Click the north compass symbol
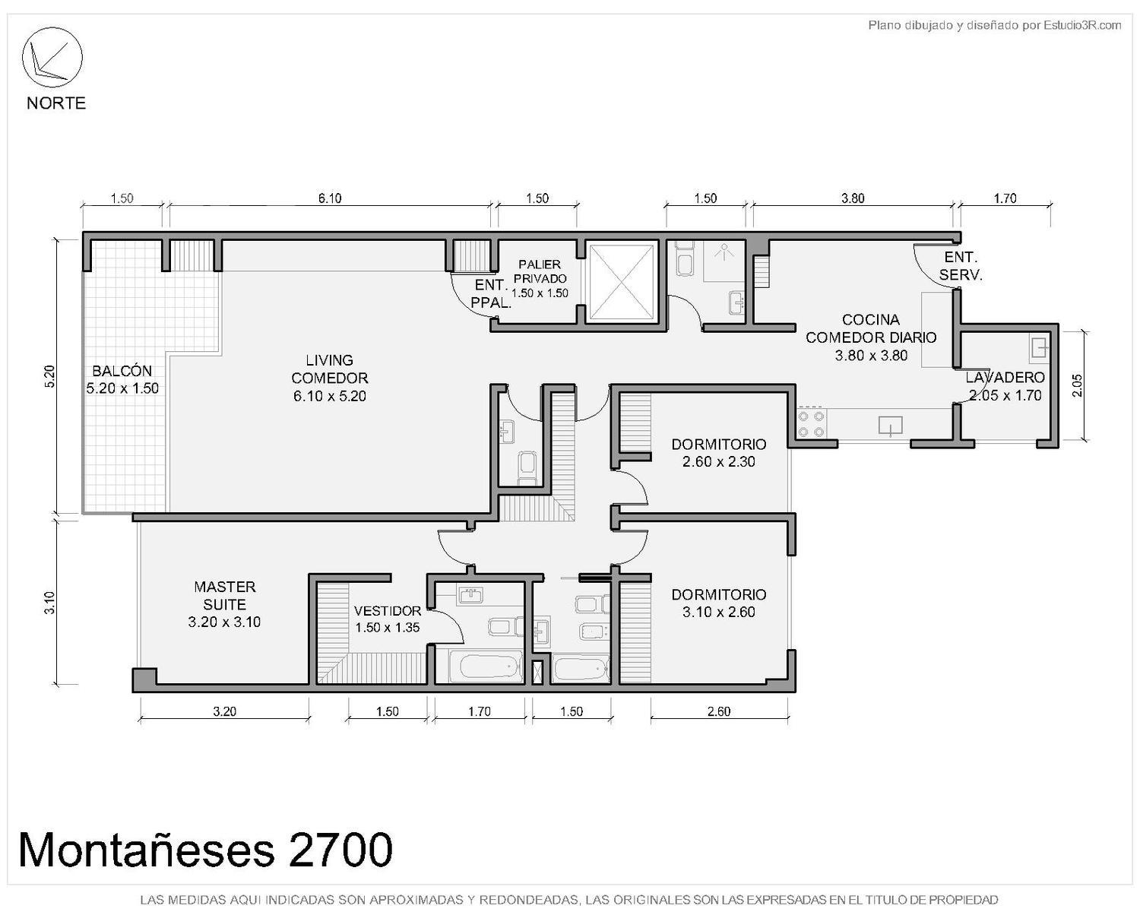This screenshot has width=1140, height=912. pos(52,57)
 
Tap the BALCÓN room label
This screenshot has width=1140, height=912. pos(122,379)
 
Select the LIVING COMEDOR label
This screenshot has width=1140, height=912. pos(330,378)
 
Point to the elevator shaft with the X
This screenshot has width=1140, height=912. pos(622,282)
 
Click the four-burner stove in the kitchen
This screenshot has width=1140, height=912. pos(811,424)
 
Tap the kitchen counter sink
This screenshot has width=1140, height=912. pos(891,426)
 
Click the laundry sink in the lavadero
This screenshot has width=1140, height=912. pos(1038,349)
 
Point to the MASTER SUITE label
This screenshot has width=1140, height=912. pos(225,604)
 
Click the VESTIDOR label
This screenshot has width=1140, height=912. pos(388,619)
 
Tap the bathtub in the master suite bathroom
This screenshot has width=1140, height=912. pos(485,666)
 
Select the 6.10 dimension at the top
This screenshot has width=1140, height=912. pos(330,198)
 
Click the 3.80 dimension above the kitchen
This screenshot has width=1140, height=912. pos(853,198)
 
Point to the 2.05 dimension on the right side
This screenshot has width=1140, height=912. pos(1076,385)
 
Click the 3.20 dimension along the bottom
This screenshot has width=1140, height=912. pos(225,711)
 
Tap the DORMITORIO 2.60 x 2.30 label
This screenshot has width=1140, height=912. pos(718,452)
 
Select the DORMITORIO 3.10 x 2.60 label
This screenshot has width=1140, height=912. pos(718,603)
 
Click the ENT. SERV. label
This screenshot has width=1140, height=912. pos(961,266)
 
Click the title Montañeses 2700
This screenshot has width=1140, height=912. pos(205,850)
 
